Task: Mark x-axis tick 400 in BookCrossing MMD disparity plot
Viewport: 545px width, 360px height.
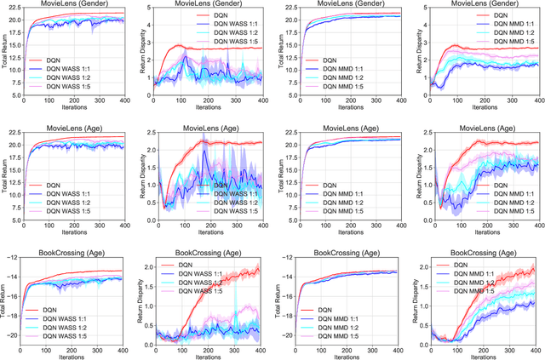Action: point(536,349)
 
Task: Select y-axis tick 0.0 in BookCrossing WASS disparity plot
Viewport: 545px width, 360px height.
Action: point(157,340)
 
